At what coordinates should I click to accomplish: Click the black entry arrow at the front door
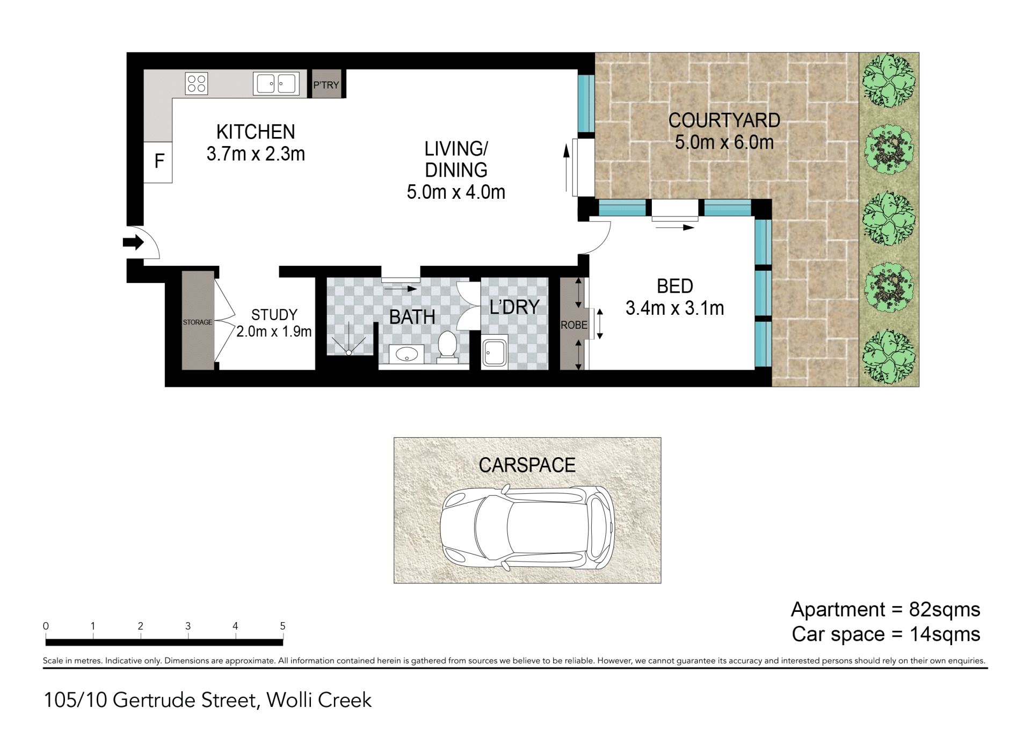[133, 242]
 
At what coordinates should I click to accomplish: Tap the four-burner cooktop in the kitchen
[197, 84]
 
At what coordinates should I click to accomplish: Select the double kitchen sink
[276, 84]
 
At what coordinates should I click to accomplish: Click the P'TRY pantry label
[326, 85]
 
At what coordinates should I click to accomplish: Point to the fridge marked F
[159, 161]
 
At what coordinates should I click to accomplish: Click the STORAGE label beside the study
[198, 322]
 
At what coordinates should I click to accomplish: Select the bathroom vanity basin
[406, 355]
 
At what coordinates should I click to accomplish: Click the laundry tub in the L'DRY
[495, 351]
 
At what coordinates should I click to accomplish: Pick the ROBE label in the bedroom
[574, 325]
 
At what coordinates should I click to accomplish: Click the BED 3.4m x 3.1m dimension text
[675, 308]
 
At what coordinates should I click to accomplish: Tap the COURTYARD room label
[724, 120]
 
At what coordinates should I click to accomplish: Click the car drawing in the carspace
[527, 528]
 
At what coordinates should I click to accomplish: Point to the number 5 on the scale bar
[282, 626]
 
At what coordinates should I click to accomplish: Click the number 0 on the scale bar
[46, 626]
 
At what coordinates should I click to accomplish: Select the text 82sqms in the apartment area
[945, 610]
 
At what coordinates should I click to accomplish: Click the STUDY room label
[274, 315]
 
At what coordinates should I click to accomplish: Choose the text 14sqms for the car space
[945, 634]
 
